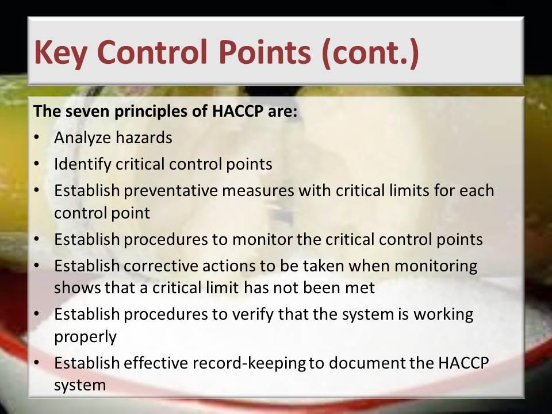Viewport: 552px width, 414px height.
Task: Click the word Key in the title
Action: click(x=60, y=53)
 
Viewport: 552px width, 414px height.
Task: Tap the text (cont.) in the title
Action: click(x=370, y=52)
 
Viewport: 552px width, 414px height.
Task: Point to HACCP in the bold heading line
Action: click(x=237, y=111)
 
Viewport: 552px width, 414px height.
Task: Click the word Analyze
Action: click(x=82, y=137)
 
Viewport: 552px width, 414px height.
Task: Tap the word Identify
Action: click(x=82, y=164)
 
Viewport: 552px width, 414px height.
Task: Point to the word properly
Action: click(x=85, y=338)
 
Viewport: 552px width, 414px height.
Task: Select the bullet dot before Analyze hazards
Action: click(x=37, y=137)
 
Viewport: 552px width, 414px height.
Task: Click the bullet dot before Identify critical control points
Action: click(x=37, y=164)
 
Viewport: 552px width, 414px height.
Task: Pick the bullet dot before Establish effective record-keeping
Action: click(x=37, y=363)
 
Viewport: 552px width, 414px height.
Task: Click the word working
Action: click(x=443, y=315)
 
